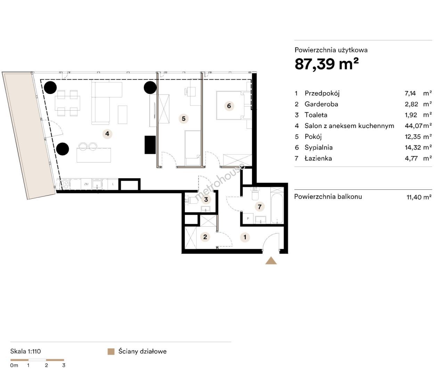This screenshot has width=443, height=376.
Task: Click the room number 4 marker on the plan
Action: pos(107,134)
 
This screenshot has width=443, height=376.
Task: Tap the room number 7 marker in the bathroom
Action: pos(260,207)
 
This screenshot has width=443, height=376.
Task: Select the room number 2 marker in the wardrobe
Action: pos(205,237)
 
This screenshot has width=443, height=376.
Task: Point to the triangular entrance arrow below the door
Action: pos(271,260)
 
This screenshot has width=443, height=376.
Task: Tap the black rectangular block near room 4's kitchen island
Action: pos(150,145)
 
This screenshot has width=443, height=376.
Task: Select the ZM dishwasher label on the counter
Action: pos(86,184)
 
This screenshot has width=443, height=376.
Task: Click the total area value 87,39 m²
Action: pos(327,64)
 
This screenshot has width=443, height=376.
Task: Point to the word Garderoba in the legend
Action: pos(321,104)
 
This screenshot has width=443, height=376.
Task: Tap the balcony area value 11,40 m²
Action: pos(419,197)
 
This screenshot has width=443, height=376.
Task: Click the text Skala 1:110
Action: pos(25,351)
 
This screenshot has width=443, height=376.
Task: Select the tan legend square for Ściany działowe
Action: pos(111,352)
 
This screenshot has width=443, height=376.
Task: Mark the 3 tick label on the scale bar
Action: pos(64,365)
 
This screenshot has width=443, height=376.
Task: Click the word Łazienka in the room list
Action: pos(318,158)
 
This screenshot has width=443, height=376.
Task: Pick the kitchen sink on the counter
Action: pos(97,185)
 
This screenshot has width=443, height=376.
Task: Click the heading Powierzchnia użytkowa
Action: pos(331,50)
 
